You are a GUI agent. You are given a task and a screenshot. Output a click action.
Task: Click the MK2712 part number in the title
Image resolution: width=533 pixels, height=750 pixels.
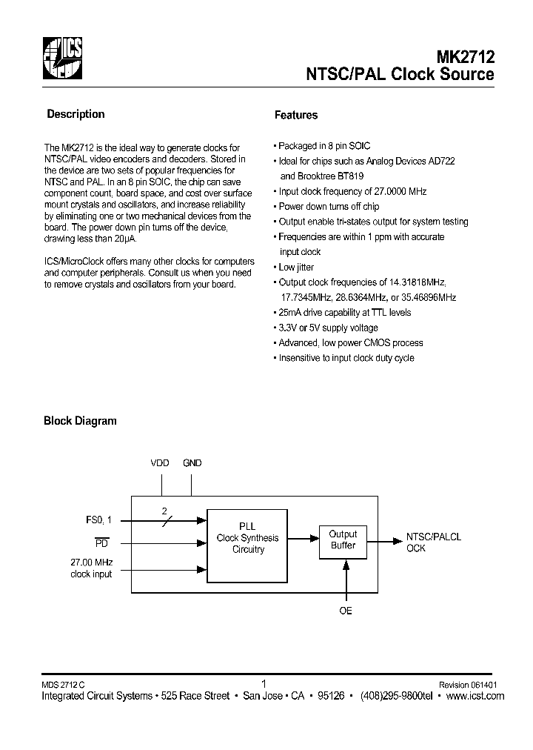coord(466,56)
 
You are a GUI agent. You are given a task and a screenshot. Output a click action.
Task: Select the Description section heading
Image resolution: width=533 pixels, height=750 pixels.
coord(76,114)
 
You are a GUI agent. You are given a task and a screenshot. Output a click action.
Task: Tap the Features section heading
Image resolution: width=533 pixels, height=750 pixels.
coord(295,115)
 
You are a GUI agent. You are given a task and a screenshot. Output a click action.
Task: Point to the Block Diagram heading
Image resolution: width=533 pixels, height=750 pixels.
coord(80,421)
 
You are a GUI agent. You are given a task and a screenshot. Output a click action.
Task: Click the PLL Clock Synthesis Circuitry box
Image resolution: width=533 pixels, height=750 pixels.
coord(247,544)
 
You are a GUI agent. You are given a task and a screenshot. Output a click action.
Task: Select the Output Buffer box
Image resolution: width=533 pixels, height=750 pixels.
coord(343,540)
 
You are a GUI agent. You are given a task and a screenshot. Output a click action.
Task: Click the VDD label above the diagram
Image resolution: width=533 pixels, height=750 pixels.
coord(160,463)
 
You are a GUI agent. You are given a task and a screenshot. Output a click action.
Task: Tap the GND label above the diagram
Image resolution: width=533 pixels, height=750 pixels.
coord(192,463)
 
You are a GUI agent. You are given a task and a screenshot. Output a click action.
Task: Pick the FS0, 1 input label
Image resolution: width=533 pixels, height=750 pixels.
coord(98,520)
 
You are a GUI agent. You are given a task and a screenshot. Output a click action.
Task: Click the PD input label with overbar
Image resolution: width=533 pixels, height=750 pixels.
coord(104,542)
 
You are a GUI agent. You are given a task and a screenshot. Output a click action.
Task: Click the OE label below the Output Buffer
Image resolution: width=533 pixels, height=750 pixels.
coord(346,611)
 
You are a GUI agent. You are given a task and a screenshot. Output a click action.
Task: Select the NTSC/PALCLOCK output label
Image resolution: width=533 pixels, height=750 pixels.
coord(433,542)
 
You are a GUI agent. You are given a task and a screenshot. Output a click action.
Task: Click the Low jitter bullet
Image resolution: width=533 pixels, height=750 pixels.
coord(296,267)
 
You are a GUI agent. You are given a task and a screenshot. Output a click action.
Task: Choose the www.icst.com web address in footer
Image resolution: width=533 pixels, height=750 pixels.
coord(475,696)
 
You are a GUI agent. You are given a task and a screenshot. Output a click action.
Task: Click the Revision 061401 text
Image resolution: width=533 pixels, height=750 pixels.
coord(468,686)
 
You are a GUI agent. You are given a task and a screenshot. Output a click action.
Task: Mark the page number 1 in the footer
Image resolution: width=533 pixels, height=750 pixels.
coord(264,685)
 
